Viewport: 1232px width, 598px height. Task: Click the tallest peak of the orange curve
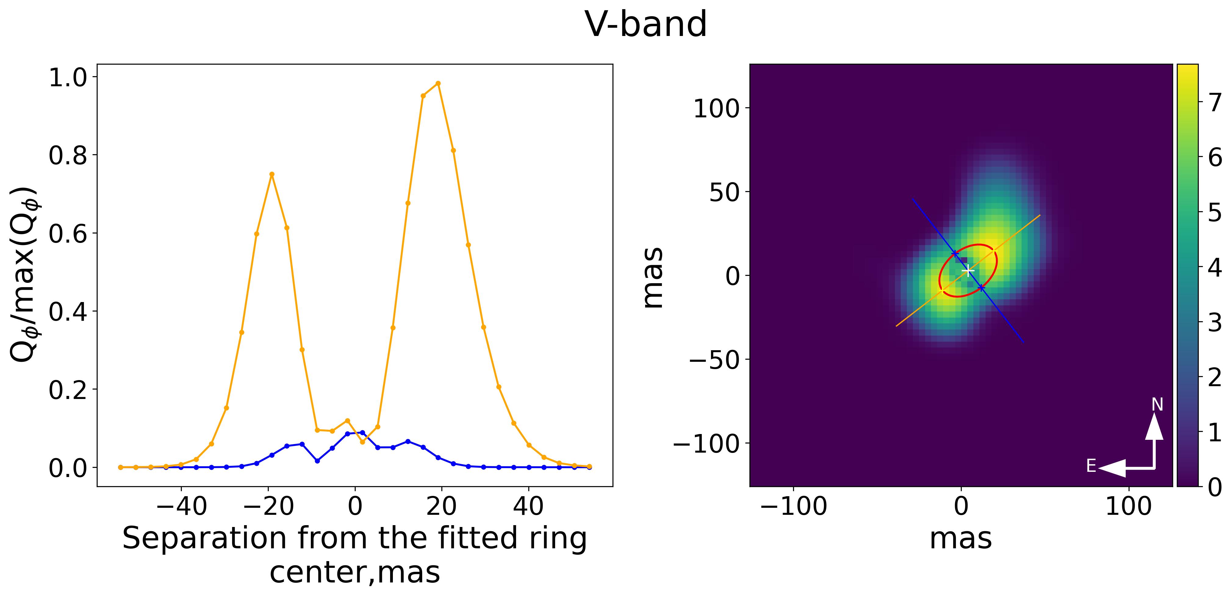click(x=438, y=83)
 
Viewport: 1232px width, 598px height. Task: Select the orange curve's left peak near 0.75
click(x=272, y=174)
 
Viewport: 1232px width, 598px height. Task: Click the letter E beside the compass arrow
click(x=1091, y=466)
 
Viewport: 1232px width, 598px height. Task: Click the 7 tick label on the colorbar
click(x=1215, y=103)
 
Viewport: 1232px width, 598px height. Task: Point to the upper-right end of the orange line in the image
click(x=1040, y=215)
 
